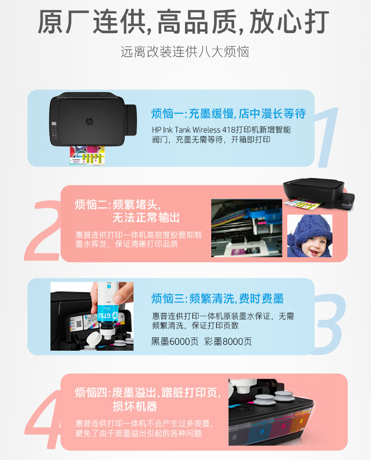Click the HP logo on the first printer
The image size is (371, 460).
90,122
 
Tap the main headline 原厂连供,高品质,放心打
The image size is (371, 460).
184,22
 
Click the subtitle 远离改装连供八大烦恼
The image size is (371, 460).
185,52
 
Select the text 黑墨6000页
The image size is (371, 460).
175,341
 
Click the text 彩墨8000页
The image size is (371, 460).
228,341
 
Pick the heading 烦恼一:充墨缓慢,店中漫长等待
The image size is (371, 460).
229,114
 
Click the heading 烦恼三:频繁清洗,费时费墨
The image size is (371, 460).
217,298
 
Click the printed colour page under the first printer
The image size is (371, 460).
88,155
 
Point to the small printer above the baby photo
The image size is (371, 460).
319,193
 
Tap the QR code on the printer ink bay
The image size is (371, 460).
79,324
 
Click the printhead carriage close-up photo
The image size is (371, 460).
247,228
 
